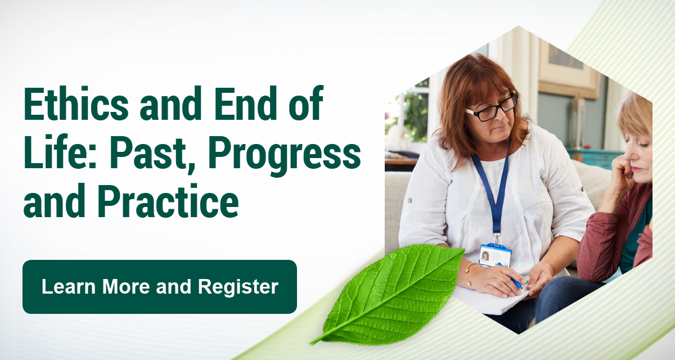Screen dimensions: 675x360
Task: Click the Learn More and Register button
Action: click(160, 287)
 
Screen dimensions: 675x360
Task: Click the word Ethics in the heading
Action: click(76, 103)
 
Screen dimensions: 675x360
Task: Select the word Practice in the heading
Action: click(168, 200)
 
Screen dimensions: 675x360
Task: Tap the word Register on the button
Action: click(238, 287)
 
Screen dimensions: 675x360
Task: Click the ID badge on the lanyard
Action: click(495, 255)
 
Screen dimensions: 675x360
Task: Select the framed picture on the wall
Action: click(568, 69)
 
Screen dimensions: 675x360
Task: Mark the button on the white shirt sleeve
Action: click(409, 200)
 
